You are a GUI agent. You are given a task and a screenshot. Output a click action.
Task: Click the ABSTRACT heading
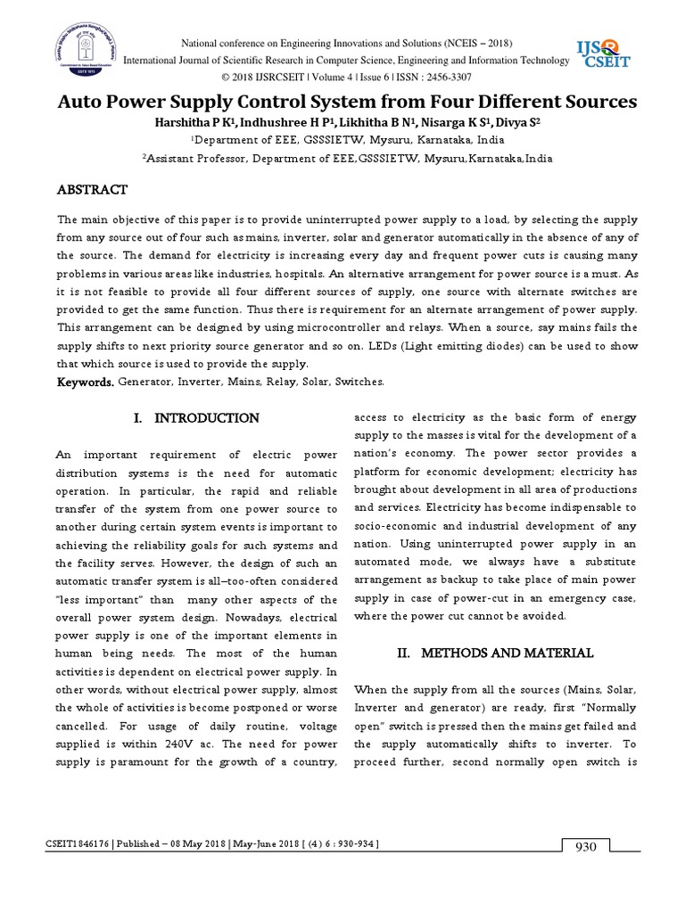pos(93,190)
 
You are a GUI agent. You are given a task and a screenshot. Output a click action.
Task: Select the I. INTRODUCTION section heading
pos(196,418)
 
